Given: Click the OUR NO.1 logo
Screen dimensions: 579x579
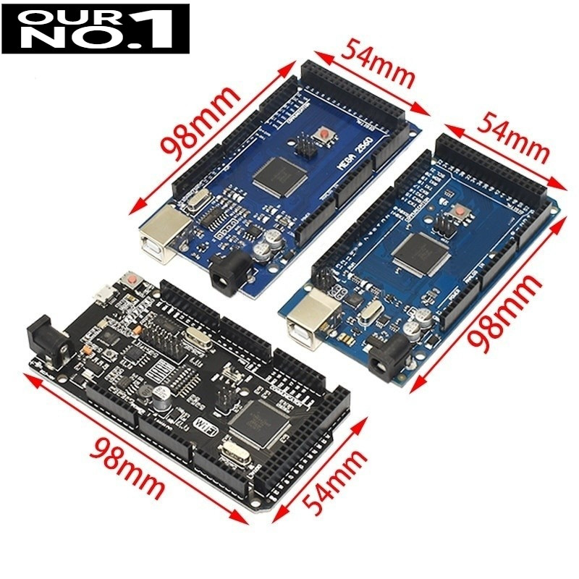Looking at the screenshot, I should point(96,28).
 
